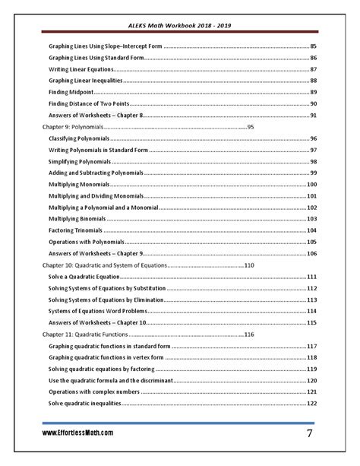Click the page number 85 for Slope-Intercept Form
pyautogui.click(x=314, y=47)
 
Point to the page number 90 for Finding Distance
pyautogui.click(x=314, y=103)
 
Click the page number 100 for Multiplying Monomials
pyautogui.click(x=311, y=185)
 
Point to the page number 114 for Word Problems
pyautogui.click(x=311, y=311)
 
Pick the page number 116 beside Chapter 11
pyautogui.click(x=249, y=334)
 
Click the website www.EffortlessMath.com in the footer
pyautogui.click(x=77, y=433)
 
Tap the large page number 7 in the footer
pyautogui.click(x=310, y=433)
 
